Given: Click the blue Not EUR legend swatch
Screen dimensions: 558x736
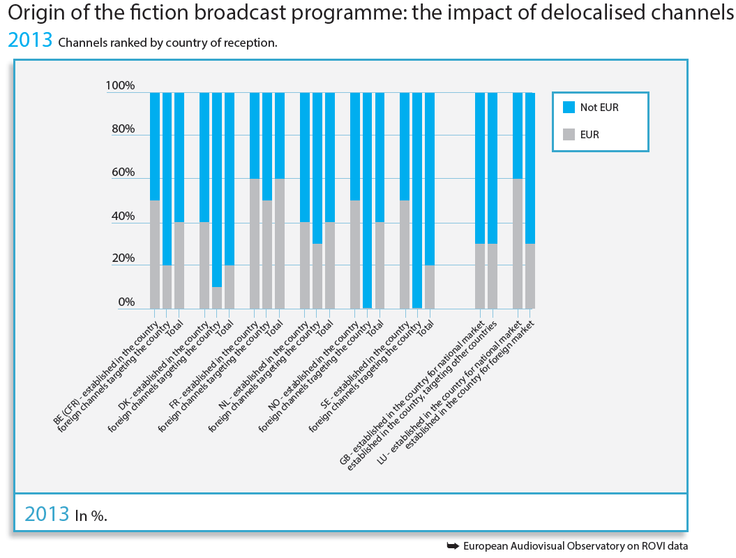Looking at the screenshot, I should (569, 108).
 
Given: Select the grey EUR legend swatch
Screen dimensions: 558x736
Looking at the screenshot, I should (569, 135).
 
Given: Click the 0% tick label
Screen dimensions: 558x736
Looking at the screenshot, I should (126, 302).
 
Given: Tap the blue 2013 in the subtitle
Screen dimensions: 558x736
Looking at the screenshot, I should (30, 40).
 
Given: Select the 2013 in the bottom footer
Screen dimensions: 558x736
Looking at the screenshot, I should (47, 514).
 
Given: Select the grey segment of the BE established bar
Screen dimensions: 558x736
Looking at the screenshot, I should (155, 254).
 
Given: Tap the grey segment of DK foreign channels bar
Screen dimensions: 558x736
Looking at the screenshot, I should (217, 298).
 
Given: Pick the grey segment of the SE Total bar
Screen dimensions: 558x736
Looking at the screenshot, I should (430, 286).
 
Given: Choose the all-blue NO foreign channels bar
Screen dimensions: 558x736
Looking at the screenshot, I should (367, 200).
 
